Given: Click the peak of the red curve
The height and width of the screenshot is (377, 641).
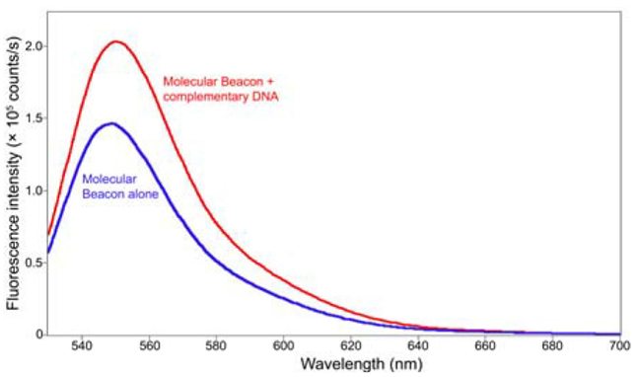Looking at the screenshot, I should point(115,41).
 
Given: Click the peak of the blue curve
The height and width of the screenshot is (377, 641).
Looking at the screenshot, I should point(111,123).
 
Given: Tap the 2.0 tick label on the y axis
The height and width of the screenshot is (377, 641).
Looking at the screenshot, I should point(33,46).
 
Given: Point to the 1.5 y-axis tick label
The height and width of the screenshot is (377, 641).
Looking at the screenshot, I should point(33,118).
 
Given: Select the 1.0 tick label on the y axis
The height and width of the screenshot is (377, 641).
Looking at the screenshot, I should point(33,190).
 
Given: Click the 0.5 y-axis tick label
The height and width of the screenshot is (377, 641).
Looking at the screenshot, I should point(33,263).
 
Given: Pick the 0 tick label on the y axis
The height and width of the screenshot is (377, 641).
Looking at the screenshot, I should point(37,335).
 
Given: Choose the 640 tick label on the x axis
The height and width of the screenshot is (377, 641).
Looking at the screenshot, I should point(418,347).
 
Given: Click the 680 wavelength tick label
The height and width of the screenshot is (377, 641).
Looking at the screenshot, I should point(553,347).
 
